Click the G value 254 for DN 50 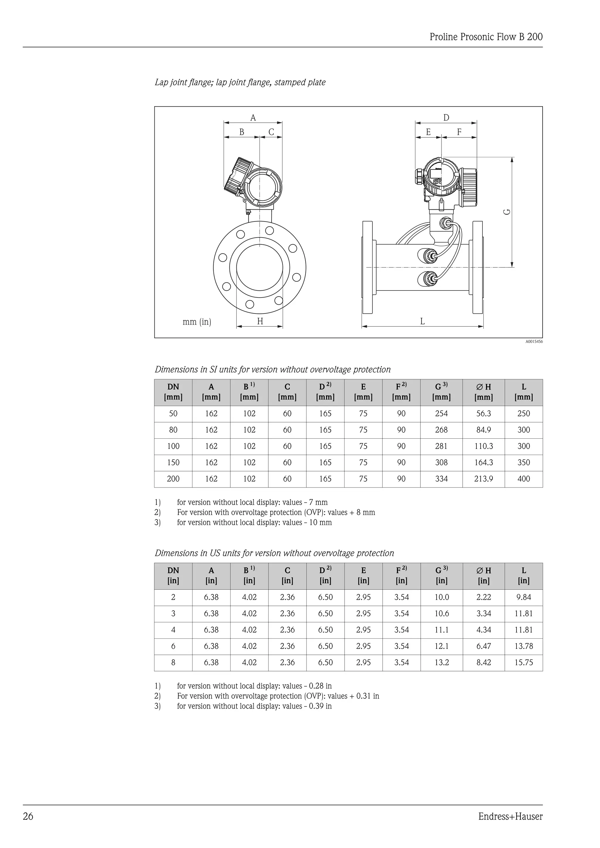click(441, 414)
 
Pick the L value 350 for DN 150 click(524, 462)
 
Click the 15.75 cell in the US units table click(524, 663)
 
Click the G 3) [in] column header click(441, 575)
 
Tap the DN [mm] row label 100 click(173, 446)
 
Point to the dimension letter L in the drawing click(422, 321)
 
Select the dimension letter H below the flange click(260, 321)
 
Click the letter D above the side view click(446, 118)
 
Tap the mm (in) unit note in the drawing click(197, 322)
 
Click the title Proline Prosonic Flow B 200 click(486, 37)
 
